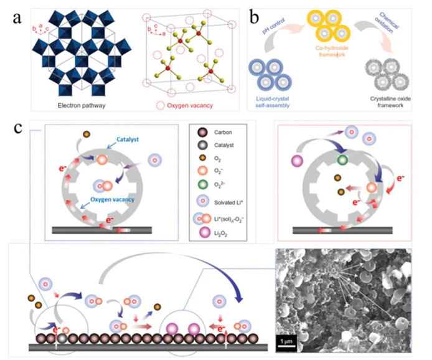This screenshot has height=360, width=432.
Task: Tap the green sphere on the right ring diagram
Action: pyautogui.click(x=340, y=161)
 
